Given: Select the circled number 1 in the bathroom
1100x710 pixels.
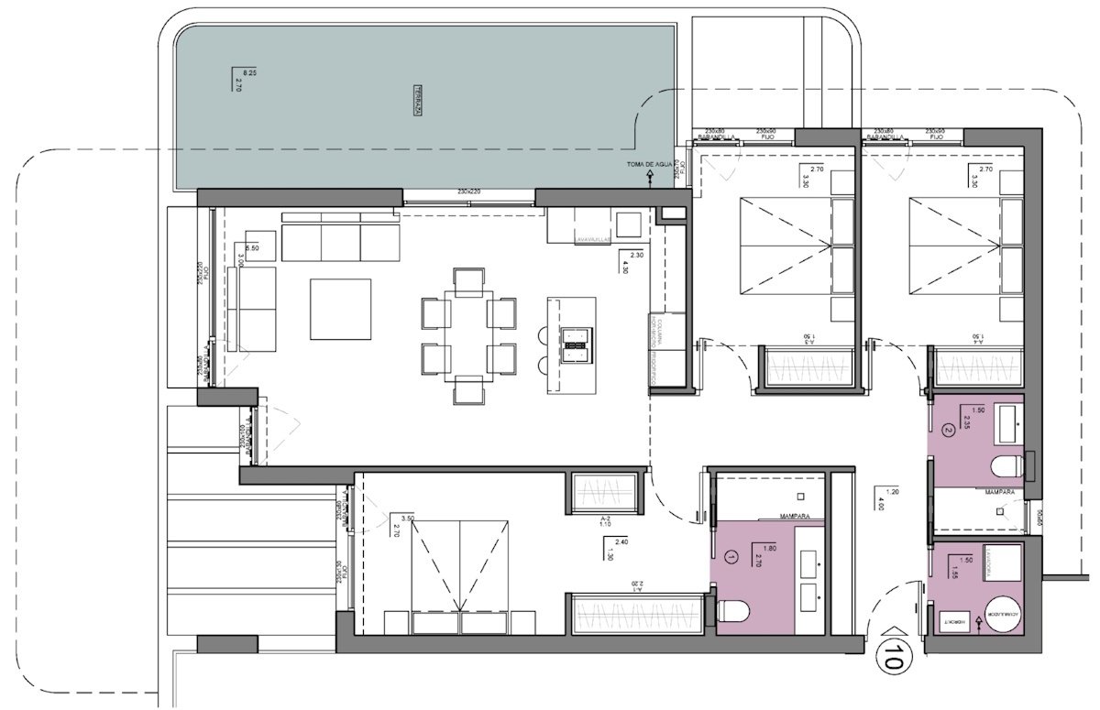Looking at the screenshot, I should pos(731,555).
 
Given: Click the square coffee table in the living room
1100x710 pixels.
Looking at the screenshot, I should pos(340,309).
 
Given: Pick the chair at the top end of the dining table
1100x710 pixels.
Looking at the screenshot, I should pos(468,279).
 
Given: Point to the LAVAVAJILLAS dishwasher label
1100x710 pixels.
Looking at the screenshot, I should pos(593,241).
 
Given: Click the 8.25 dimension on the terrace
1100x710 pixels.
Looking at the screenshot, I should pos(248,72).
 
